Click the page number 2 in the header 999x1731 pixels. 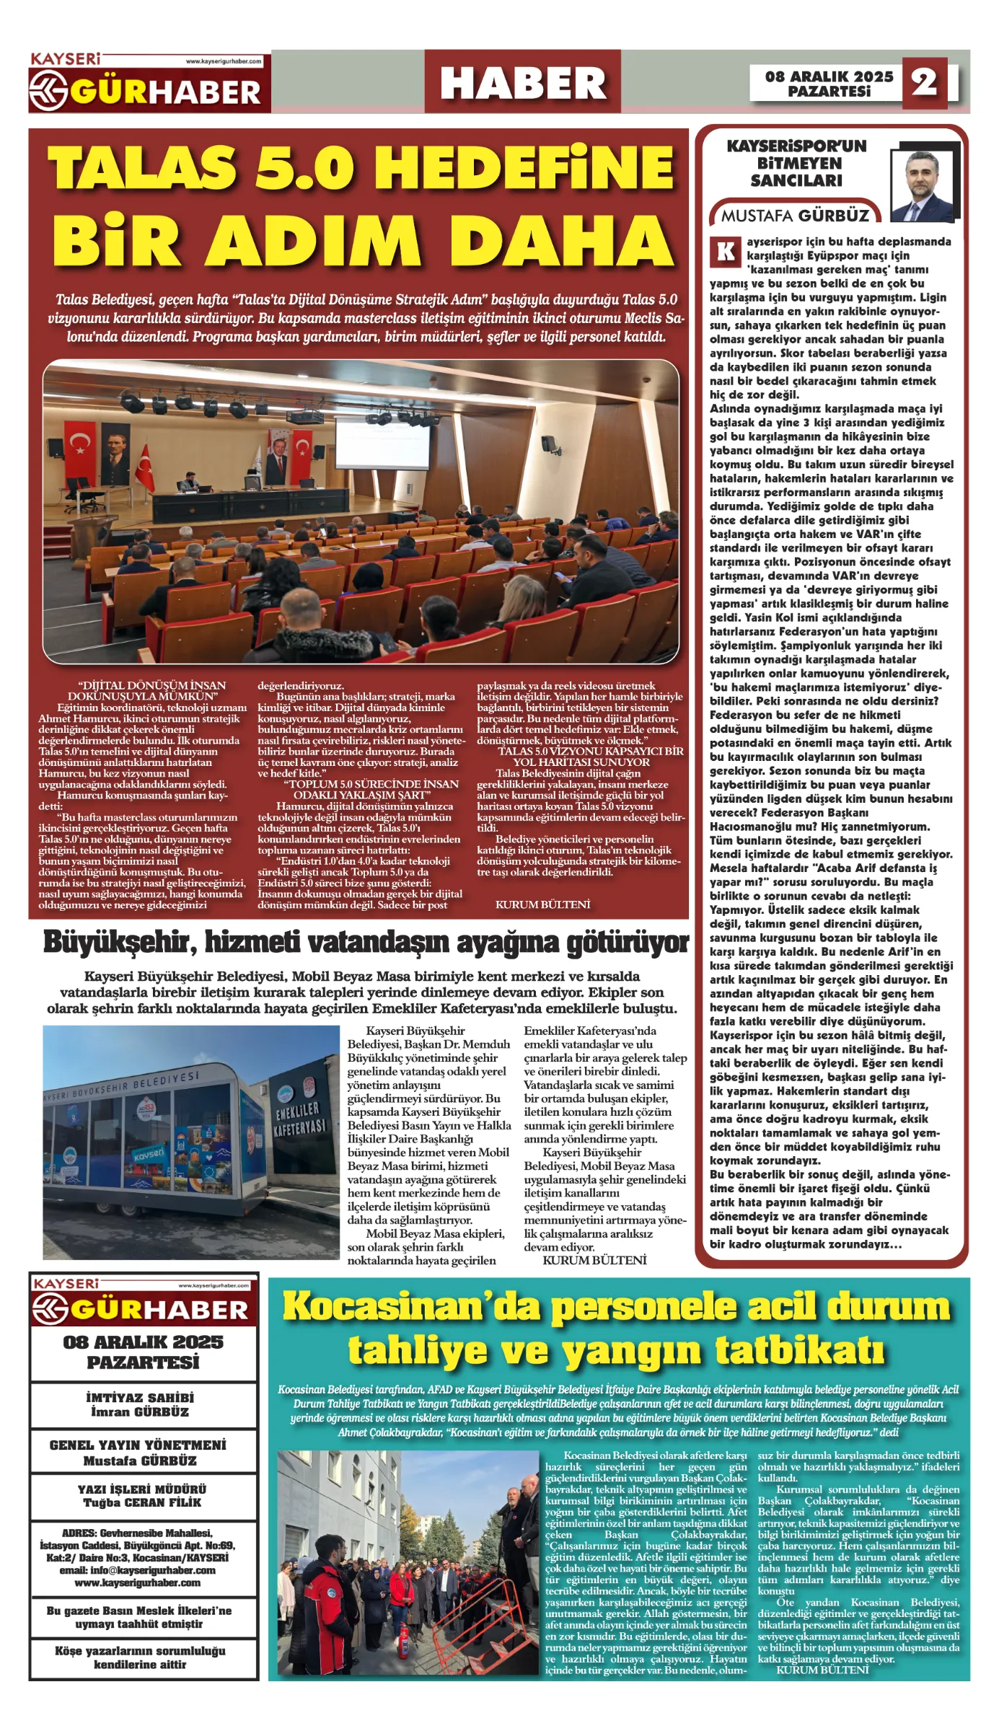pos(924,83)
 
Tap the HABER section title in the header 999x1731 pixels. pos(523,82)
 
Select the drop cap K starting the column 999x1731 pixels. pos(725,252)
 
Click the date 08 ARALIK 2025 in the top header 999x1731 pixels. pos(829,76)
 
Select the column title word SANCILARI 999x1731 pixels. pos(796,180)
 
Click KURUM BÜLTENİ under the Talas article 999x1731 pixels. pos(542,904)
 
